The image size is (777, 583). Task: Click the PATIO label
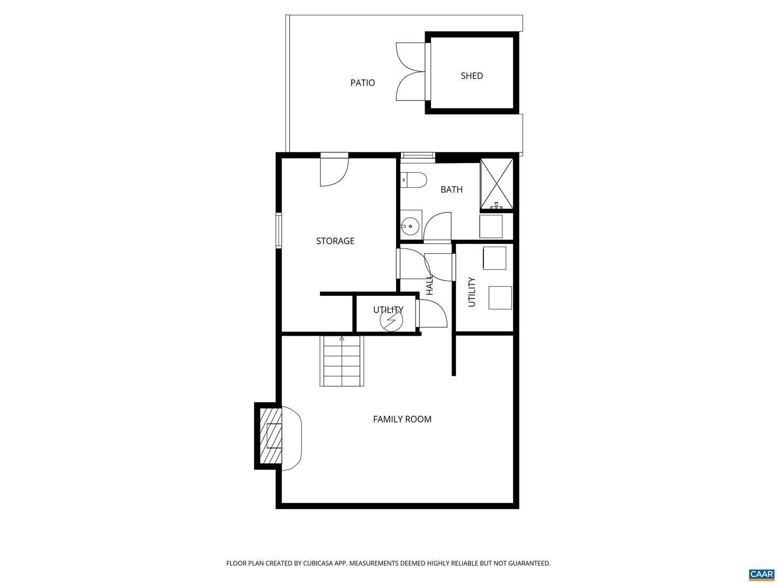pyautogui.click(x=362, y=83)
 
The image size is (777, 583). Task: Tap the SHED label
pyautogui.click(x=472, y=76)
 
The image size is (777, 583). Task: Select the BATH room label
pyautogui.click(x=451, y=189)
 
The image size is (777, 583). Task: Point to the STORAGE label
pyautogui.click(x=335, y=241)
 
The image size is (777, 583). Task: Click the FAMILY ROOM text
pyautogui.click(x=402, y=419)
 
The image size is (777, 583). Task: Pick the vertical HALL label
pyautogui.click(x=430, y=285)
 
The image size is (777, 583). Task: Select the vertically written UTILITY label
pyautogui.click(x=472, y=292)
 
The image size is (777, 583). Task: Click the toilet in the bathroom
pyautogui.click(x=414, y=180)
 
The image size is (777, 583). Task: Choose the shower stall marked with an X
pyautogui.click(x=496, y=184)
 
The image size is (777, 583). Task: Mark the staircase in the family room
pyautogui.click(x=342, y=361)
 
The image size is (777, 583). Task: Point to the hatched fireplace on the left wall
pyautogui.click(x=271, y=436)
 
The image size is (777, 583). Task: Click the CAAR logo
pyautogui.click(x=761, y=574)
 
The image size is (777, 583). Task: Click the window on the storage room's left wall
pyautogui.click(x=279, y=231)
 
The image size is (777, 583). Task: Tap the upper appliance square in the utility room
pyautogui.click(x=494, y=258)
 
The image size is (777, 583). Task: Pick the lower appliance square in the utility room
pyautogui.click(x=500, y=297)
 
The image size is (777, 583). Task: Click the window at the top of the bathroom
pyautogui.click(x=418, y=157)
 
